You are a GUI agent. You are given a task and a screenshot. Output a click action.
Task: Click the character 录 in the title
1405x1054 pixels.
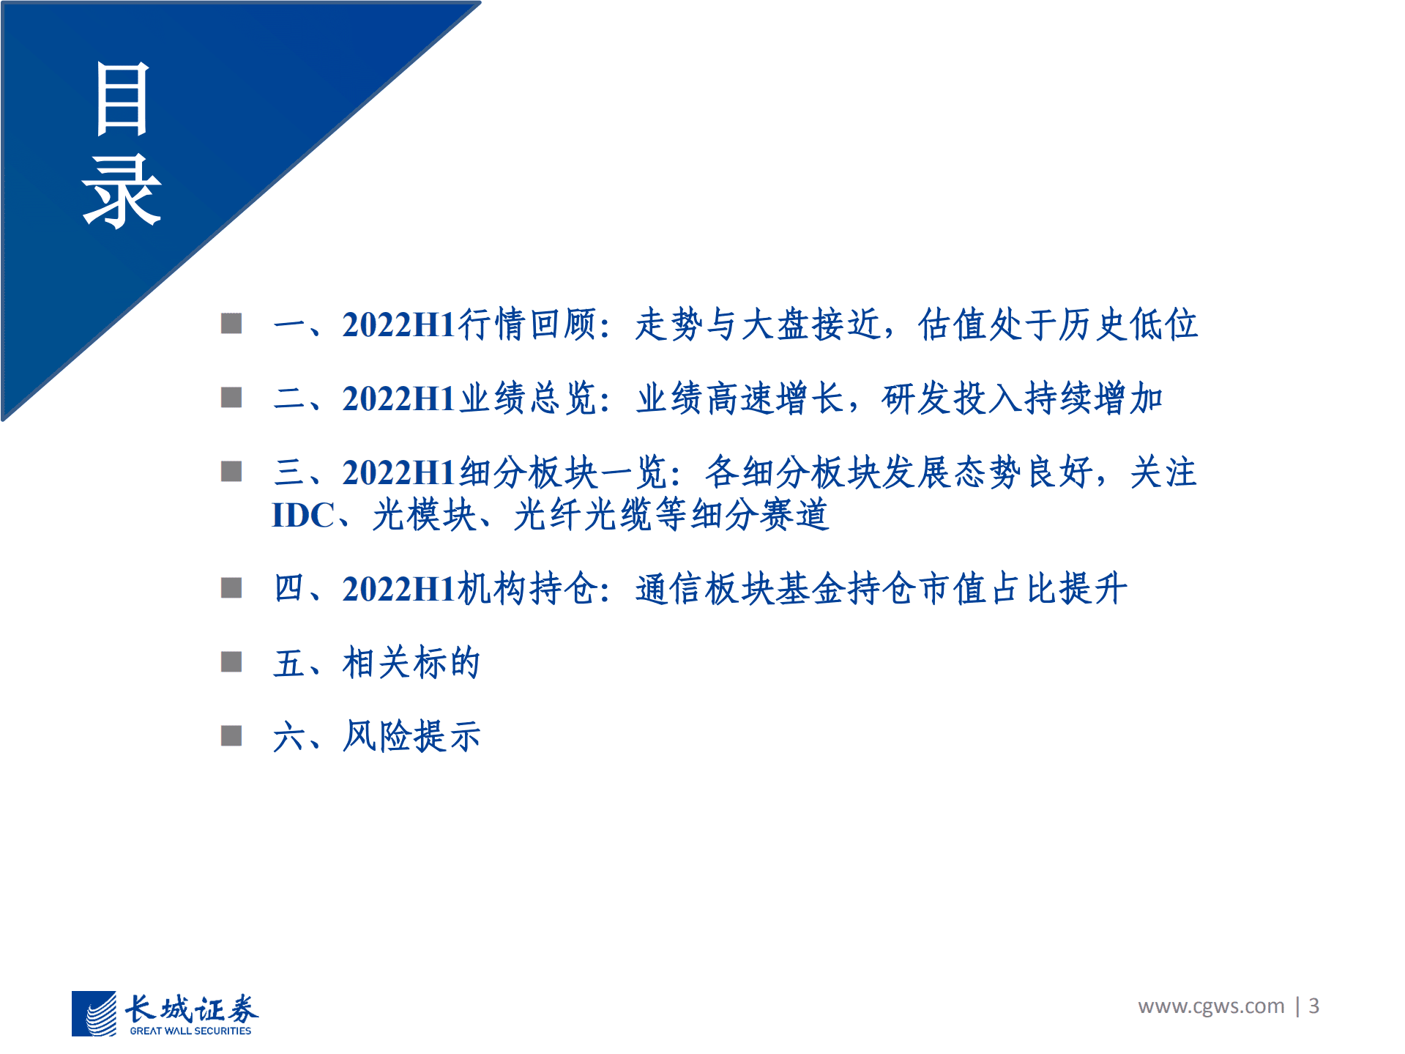pos(122,192)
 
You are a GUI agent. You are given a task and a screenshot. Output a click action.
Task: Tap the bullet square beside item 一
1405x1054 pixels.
pos(231,323)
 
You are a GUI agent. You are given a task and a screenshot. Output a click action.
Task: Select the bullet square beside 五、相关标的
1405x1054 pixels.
pos(231,662)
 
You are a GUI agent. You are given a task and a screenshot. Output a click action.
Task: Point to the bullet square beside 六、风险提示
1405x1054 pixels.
pos(231,735)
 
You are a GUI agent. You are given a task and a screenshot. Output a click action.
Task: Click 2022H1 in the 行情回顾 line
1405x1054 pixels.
pos(400,324)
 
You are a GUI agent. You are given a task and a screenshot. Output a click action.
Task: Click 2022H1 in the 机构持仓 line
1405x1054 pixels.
pos(400,589)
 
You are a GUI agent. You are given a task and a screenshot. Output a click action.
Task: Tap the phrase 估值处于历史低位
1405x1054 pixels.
pos(1058,324)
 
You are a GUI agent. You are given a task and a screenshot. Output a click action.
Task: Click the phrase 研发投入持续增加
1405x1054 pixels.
pos(1022,399)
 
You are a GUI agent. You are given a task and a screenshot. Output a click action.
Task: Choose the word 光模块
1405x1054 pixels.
pos(425,515)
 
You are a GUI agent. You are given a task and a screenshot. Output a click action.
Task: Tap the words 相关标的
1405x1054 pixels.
pos(411,663)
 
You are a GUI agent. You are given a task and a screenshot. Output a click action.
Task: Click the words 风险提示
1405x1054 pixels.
pos(411,736)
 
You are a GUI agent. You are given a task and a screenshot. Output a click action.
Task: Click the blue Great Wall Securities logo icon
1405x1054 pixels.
pos(94,1013)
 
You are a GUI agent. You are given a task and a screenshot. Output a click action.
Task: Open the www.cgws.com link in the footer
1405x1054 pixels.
pos(1211,1006)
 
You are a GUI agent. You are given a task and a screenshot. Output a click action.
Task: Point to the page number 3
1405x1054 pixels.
pos(1314,1006)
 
